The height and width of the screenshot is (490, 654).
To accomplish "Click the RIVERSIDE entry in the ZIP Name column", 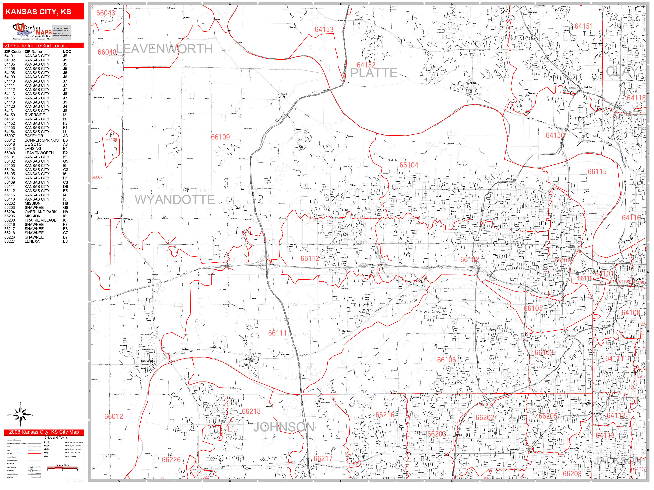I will pyautogui.click(x=35, y=115).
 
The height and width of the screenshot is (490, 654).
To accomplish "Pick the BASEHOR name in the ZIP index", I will pyautogui.click(x=34, y=136).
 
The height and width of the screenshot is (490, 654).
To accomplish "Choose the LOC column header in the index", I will pyautogui.click(x=67, y=52).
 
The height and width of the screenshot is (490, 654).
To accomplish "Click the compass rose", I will pyautogui.click(x=20, y=415).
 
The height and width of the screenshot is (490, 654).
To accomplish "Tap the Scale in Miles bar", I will pyautogui.click(x=62, y=468).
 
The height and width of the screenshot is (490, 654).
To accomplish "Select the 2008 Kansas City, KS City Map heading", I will pyautogui.click(x=44, y=432).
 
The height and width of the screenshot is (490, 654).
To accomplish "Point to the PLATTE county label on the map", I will pyautogui.click(x=374, y=73).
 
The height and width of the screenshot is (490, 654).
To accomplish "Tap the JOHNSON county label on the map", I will pyautogui.click(x=284, y=427).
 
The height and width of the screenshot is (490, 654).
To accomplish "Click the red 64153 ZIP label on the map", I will pyautogui.click(x=324, y=29).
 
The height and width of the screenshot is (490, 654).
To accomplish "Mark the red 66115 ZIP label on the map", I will pyautogui.click(x=597, y=172).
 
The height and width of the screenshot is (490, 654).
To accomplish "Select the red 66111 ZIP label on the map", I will pyautogui.click(x=277, y=333).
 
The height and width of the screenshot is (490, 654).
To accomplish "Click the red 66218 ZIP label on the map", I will pyautogui.click(x=251, y=411).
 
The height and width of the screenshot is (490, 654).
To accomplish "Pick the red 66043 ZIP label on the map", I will pyautogui.click(x=106, y=13).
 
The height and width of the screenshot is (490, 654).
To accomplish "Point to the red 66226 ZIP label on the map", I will pyautogui.click(x=171, y=460).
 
